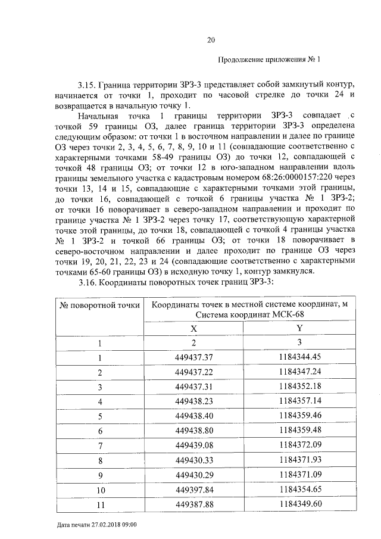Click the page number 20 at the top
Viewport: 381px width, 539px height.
tap(210, 40)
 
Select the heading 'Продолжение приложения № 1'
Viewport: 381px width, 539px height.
tap(269, 60)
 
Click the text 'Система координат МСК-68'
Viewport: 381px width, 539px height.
tap(247, 316)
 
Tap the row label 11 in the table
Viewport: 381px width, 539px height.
tap(100, 504)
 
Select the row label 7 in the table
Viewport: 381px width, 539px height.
tap(100, 445)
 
